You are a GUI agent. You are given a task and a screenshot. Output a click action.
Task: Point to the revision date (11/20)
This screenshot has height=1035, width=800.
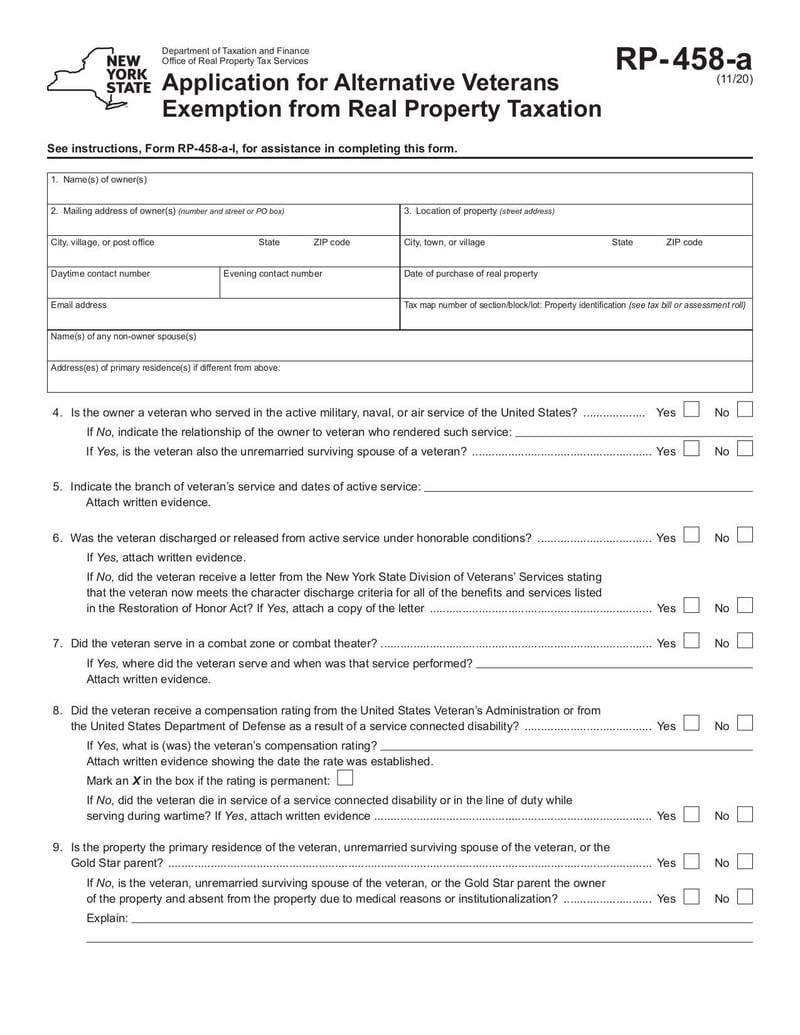click(x=734, y=81)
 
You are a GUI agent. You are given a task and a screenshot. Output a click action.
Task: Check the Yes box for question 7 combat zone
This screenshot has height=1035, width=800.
click(x=691, y=642)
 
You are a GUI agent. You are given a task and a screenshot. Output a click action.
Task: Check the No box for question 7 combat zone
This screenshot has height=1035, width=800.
click(x=745, y=642)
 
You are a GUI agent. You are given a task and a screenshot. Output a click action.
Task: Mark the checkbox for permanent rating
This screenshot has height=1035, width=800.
click(x=345, y=778)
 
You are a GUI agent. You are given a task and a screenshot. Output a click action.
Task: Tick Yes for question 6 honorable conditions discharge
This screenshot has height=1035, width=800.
click(x=691, y=536)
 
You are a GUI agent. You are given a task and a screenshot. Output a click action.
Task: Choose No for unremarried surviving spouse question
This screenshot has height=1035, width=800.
click(x=745, y=450)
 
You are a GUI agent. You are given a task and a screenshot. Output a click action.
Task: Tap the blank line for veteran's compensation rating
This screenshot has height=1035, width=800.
click(x=566, y=746)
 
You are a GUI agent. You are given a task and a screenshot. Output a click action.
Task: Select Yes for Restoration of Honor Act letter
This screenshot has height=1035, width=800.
click(x=691, y=606)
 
